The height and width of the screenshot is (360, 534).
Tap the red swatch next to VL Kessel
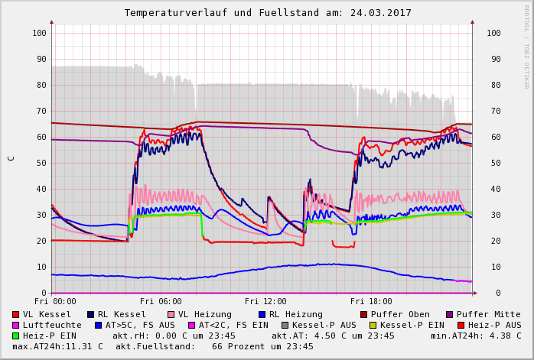click(x=15, y=314)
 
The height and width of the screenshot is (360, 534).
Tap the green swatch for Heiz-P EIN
click(x=15, y=336)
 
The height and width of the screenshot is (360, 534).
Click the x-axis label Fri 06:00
click(x=161, y=302)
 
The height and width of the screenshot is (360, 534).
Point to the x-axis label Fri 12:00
click(x=265, y=302)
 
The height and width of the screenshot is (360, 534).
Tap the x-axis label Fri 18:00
click(x=371, y=302)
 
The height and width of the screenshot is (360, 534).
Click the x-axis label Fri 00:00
click(x=55, y=302)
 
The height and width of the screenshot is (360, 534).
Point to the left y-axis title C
click(x=11, y=158)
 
